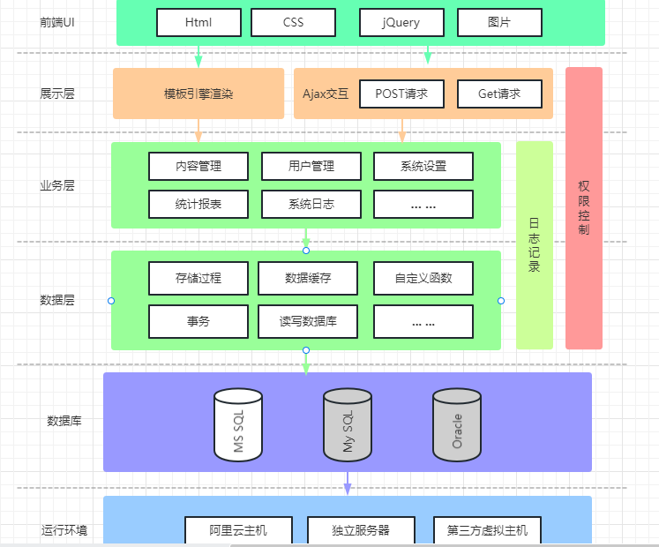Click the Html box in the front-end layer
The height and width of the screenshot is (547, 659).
click(198, 22)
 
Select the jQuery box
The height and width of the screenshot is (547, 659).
click(401, 22)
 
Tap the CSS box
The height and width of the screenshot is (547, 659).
click(293, 22)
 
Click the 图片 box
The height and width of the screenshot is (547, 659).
click(499, 22)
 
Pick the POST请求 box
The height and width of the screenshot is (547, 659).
click(401, 94)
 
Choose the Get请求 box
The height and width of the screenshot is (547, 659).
click(499, 94)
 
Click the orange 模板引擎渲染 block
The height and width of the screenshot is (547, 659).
click(198, 94)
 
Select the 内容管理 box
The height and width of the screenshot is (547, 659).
click(198, 166)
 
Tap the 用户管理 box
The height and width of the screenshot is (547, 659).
click(311, 166)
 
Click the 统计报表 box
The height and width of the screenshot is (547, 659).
click(198, 204)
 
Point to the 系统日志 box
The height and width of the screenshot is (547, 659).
click(311, 204)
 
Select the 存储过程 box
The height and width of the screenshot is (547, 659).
click(198, 278)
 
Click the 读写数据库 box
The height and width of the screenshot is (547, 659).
click(308, 321)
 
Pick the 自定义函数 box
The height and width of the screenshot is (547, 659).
click(423, 278)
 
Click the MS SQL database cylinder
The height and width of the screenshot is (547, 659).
click(238, 425)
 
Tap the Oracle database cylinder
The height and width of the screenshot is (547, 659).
click(456, 425)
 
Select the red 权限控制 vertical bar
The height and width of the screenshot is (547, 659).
click(584, 208)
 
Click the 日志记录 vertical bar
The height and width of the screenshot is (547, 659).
click(535, 244)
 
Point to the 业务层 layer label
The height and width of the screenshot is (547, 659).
click(57, 186)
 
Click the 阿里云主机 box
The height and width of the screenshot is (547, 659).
click(238, 530)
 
